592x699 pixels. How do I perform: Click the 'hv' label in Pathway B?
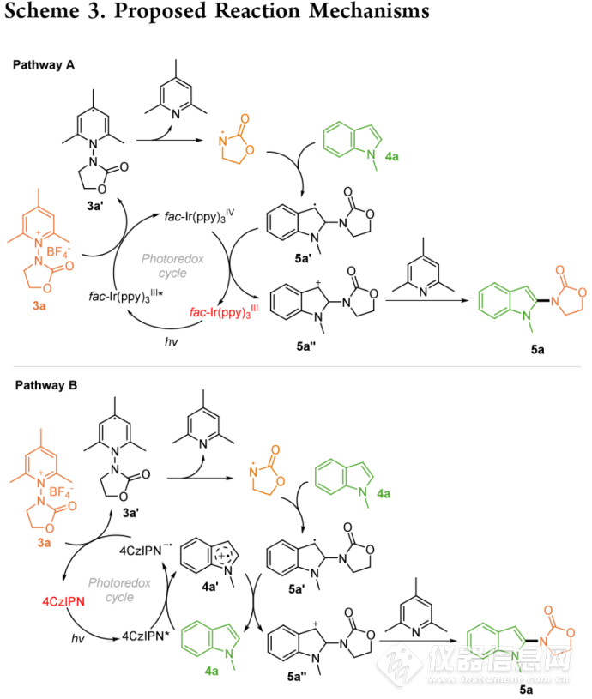point(74,636)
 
